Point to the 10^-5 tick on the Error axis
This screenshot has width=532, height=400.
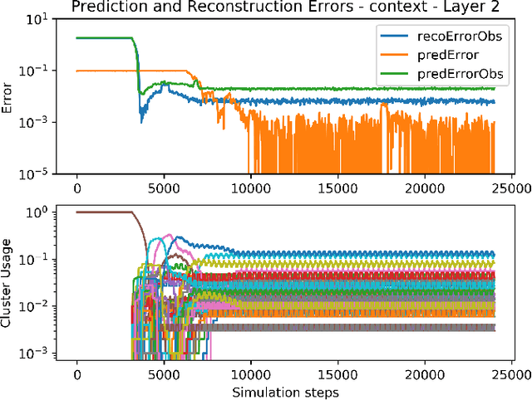[42, 174]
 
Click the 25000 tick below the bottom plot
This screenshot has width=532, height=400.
[512, 373]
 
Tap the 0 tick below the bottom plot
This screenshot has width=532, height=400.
[77, 373]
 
